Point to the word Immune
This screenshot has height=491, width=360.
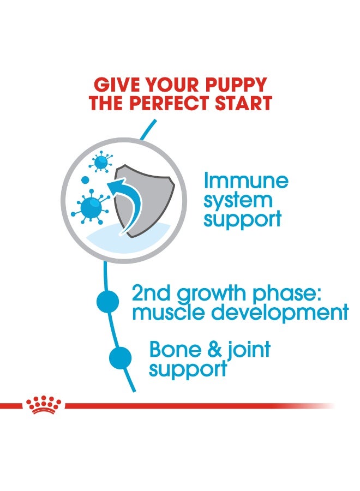coord(245,181)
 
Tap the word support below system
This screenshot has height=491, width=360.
coord(242,219)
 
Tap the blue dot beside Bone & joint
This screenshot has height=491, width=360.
coord(120,358)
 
